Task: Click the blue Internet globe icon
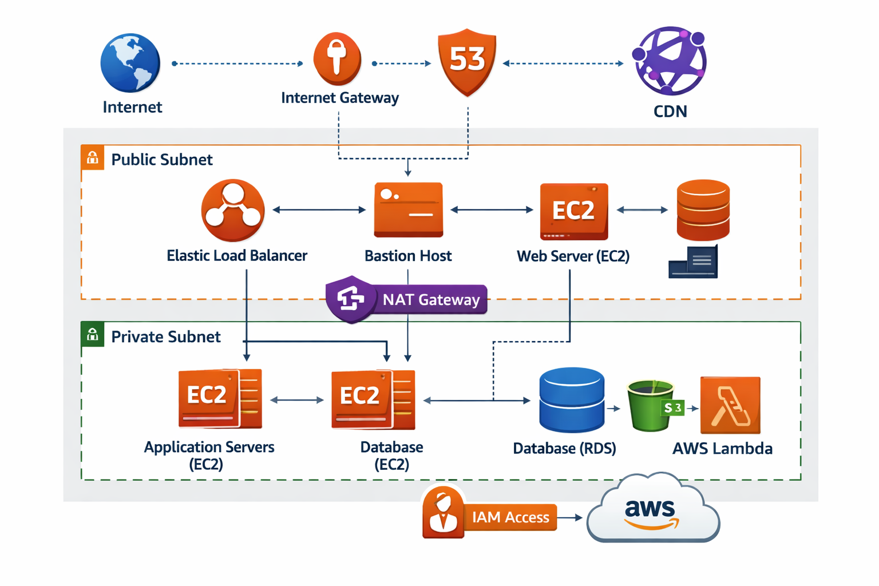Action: pos(130,63)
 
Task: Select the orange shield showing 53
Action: pos(467,61)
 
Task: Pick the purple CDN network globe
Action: pos(670,61)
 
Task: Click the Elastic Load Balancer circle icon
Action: pos(233,210)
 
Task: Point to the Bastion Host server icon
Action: pos(408,209)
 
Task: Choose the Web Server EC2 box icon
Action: pos(573,211)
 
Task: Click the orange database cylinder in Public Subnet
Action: pos(703,209)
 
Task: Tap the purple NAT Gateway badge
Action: pos(407,299)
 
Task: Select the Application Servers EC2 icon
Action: pos(220,398)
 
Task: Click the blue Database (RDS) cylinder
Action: pos(572,399)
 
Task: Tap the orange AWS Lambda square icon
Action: pos(730,405)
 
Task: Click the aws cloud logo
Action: pos(653,509)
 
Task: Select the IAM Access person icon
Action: pos(442,513)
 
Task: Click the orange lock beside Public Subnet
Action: pos(93,158)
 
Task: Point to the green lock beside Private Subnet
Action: pos(93,335)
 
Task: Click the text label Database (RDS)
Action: pos(564,449)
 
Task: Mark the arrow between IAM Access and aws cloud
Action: pos(570,517)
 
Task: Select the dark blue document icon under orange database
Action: pos(693,263)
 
